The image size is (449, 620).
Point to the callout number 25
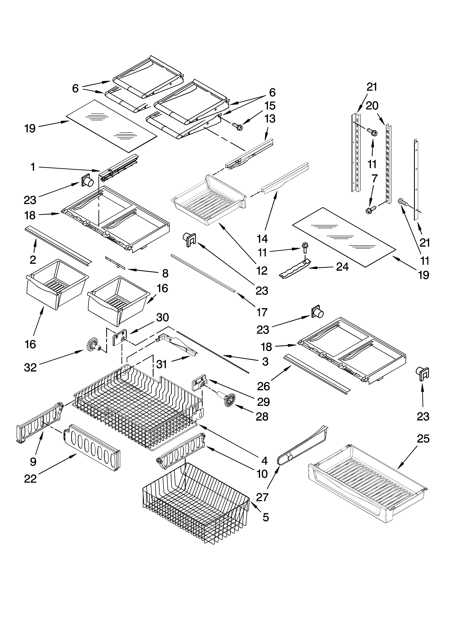tap(423, 439)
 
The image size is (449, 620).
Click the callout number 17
tap(262, 312)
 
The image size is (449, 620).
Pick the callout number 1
tap(33, 167)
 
